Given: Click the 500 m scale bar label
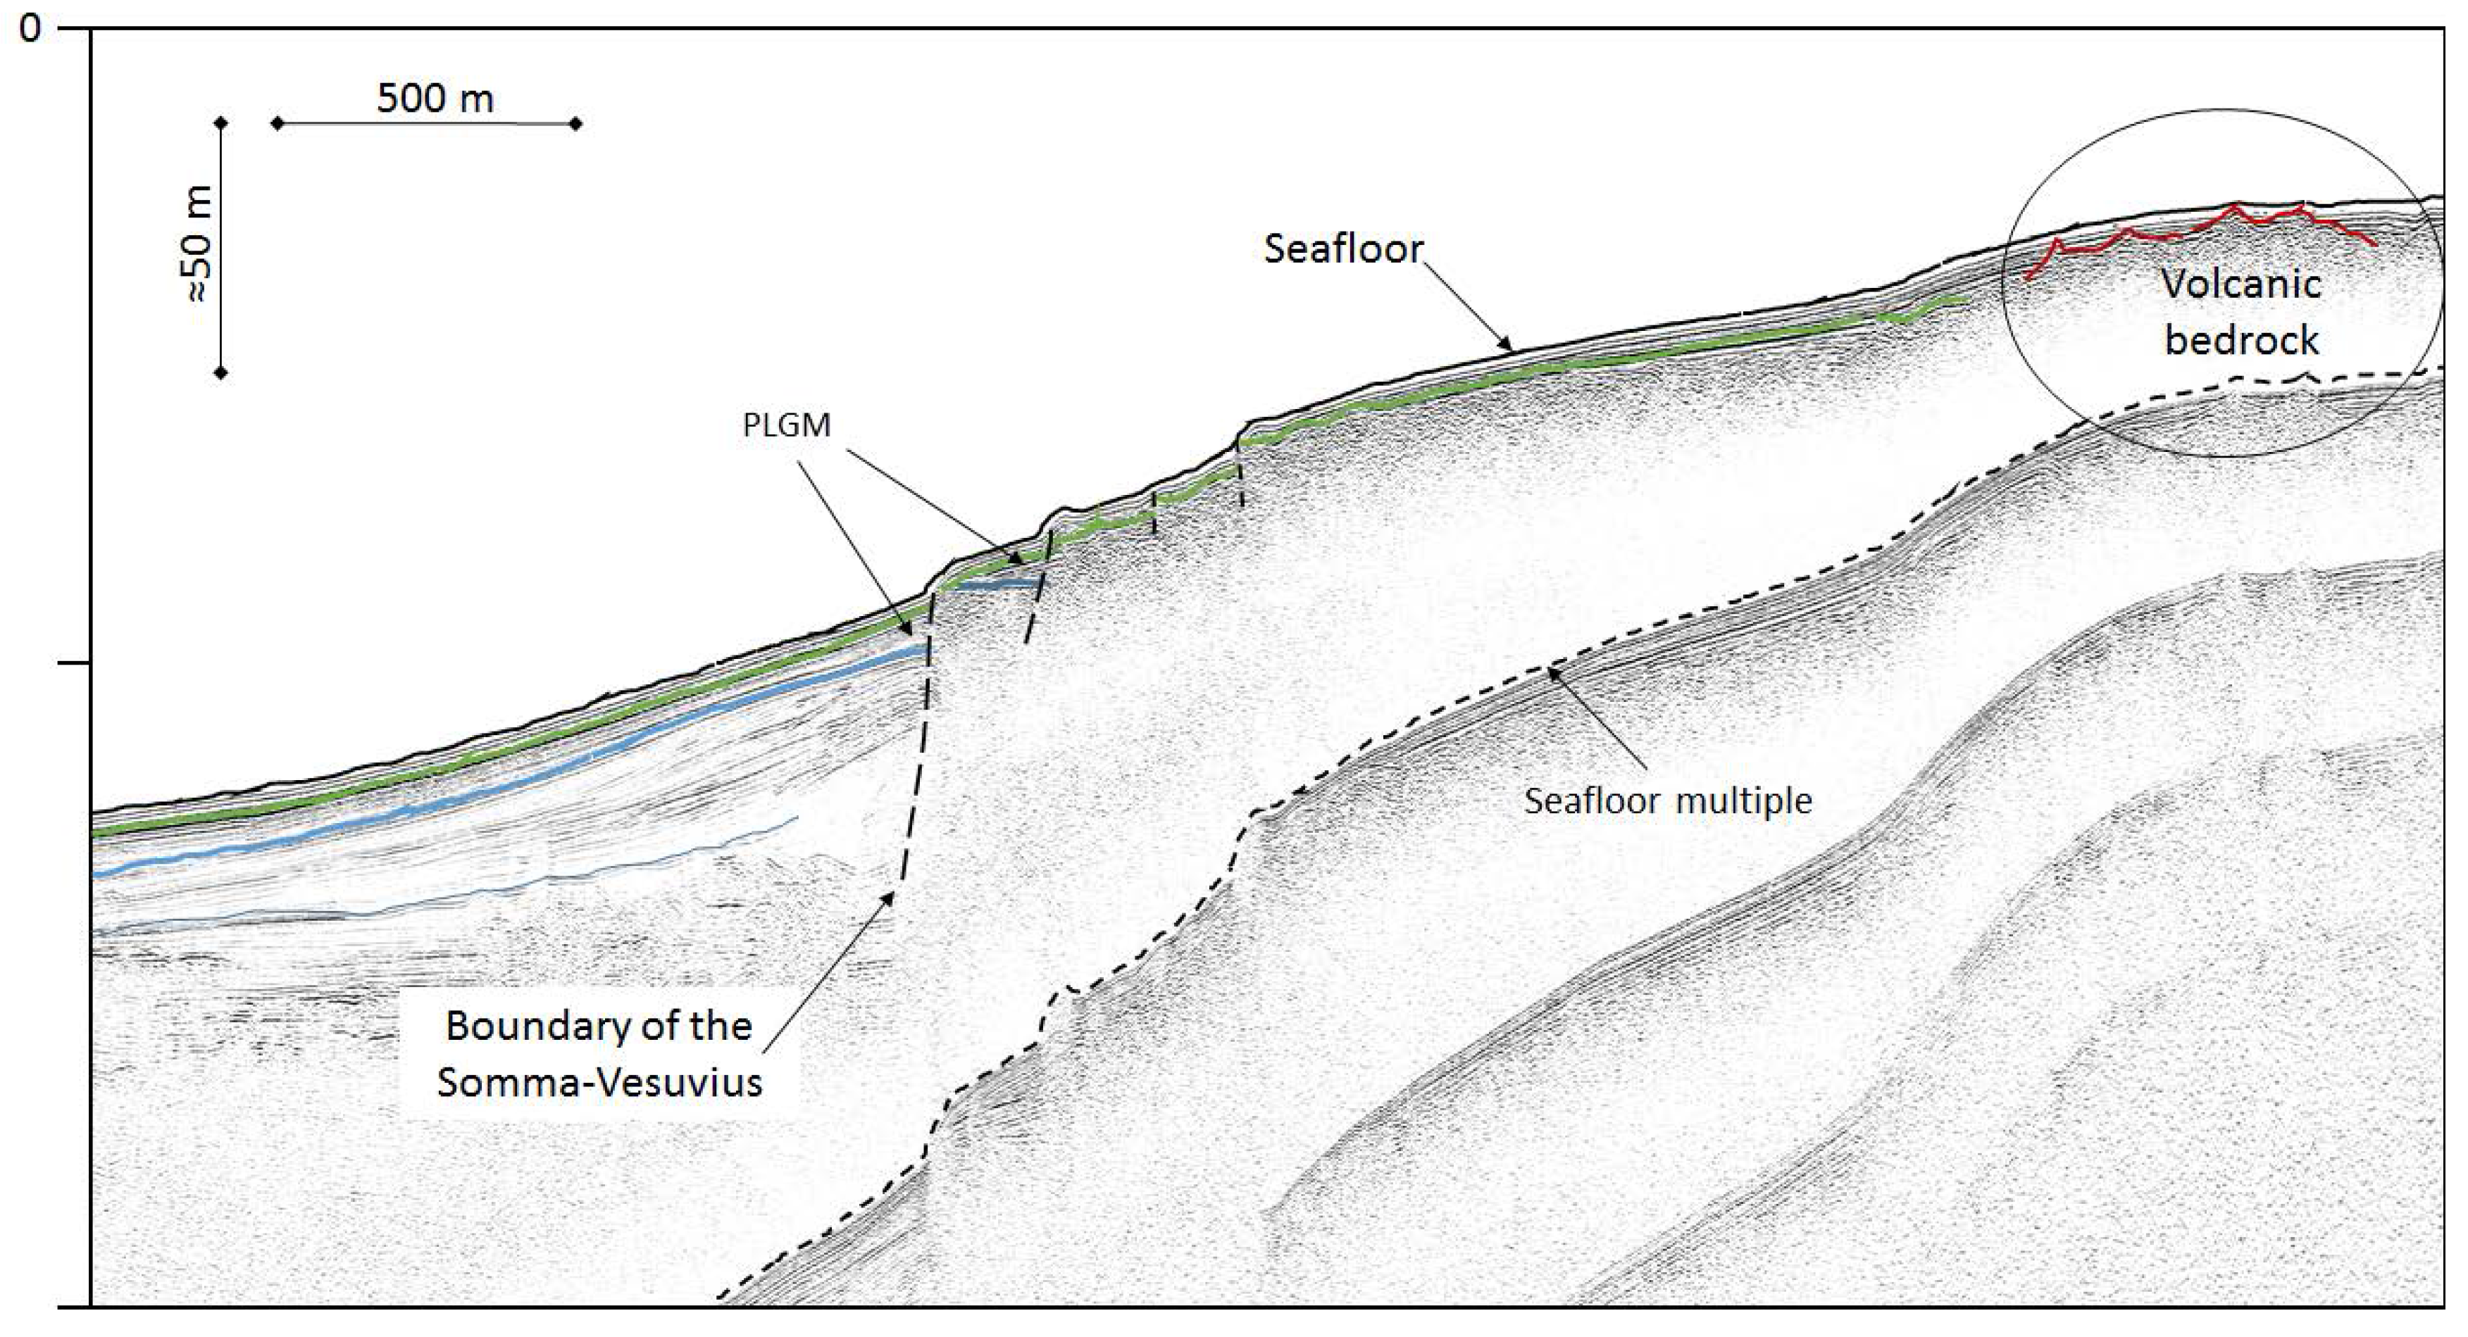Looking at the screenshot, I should tap(435, 98).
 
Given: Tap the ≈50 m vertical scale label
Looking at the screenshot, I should tap(199, 244).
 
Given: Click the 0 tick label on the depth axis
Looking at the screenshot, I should tap(31, 29).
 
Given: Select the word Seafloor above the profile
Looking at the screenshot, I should tap(1343, 249).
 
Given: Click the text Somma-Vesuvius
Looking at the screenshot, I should tap(600, 1082).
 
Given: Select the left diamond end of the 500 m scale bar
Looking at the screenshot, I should tap(278, 123).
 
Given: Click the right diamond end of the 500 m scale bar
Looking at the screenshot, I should tap(576, 123).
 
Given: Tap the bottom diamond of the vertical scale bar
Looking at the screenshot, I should tap(221, 372).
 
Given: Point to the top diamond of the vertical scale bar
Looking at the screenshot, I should tap(221, 123).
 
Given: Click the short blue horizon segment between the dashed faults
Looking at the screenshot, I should tap(992, 582).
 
